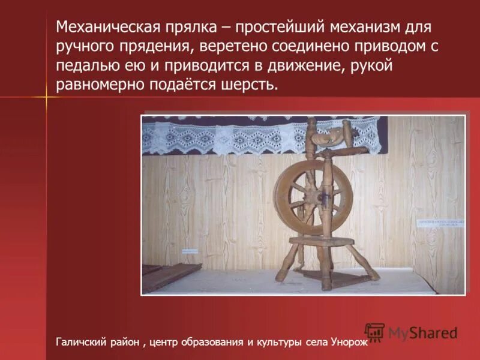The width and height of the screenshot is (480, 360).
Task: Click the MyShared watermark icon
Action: click(x=374, y=332)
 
